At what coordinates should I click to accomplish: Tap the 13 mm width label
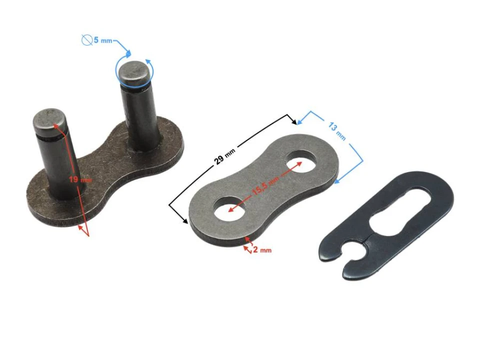tap(336, 129)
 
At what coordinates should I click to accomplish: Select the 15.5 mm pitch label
tap(264, 184)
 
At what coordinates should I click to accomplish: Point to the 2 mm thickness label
tap(261, 249)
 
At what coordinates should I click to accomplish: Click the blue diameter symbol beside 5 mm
tap(86, 39)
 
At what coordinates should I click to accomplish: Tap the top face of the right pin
tap(134, 71)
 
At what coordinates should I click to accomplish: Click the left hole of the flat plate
tap(229, 209)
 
